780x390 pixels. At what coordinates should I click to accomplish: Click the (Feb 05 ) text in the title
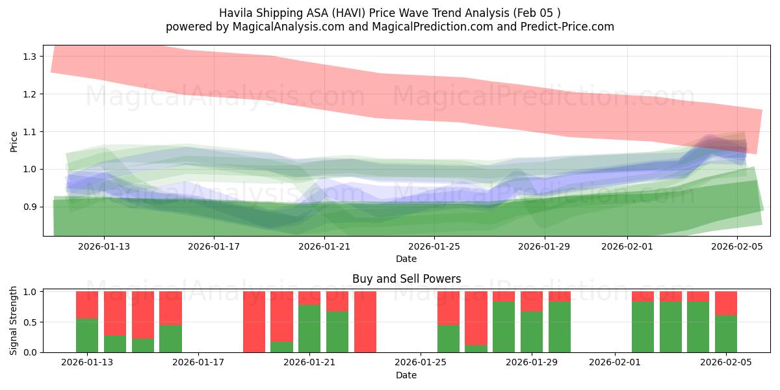[x=537, y=12]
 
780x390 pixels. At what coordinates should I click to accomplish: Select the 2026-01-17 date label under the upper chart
[x=214, y=246]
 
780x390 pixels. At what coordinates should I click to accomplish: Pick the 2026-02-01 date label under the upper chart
[x=627, y=246]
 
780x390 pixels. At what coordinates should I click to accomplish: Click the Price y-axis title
[x=14, y=141]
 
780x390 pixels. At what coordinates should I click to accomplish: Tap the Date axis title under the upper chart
[x=406, y=259]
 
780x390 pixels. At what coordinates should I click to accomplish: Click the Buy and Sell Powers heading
[x=406, y=279]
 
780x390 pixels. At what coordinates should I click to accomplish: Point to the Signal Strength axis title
[x=14, y=321]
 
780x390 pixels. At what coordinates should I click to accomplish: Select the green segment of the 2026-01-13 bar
[x=87, y=335]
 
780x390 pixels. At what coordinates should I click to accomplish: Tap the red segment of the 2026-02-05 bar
[x=726, y=303]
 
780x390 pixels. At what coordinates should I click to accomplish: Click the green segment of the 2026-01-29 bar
[x=532, y=331]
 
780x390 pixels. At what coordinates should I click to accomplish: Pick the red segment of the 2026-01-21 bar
[x=309, y=298]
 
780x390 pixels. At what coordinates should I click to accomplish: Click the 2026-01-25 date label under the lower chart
[x=421, y=363]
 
